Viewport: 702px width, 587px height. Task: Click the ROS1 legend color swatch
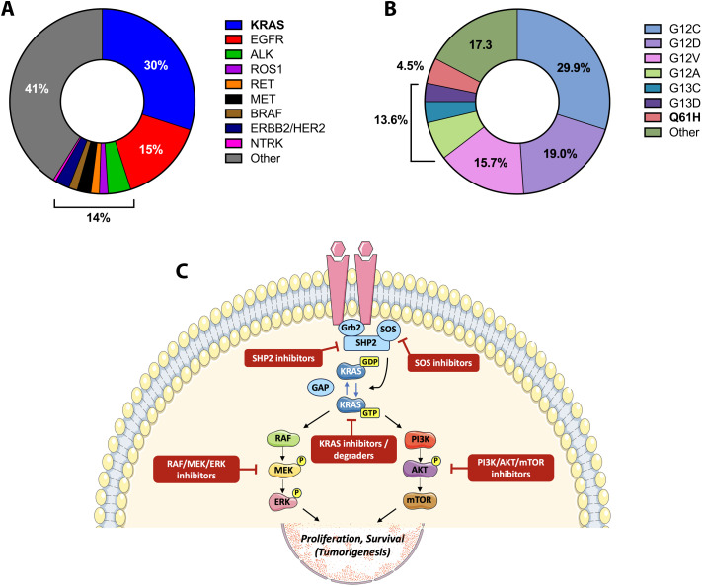tap(233, 69)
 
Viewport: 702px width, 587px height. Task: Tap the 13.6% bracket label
tap(391, 120)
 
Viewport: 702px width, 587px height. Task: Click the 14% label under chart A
tap(98, 218)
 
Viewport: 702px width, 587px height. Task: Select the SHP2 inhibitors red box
tap(283, 358)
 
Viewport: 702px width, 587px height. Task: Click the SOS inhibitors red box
tap(443, 362)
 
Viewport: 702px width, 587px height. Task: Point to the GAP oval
tap(321, 387)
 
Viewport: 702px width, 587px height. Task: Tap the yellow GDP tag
tap(370, 362)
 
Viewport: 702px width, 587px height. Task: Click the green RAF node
tap(283, 438)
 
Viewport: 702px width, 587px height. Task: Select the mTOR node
tap(420, 500)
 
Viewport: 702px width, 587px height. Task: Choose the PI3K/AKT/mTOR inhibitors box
tap(510, 468)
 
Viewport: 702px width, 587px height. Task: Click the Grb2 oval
tap(351, 328)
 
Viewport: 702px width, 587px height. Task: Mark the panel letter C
tap(182, 271)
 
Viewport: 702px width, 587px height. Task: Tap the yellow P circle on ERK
tap(296, 492)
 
